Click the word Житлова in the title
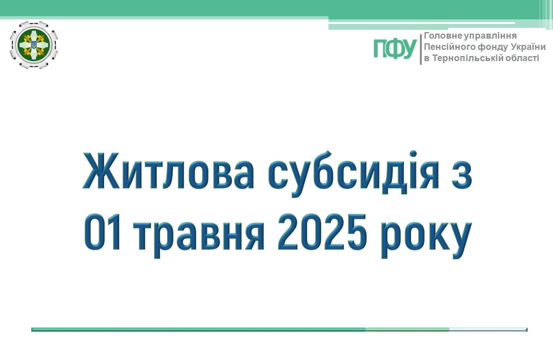click(168, 171)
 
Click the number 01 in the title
click(102, 232)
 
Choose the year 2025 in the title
click(322, 232)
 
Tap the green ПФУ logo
click(395, 49)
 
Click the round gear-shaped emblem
click(34, 45)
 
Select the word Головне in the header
click(443, 36)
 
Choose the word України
click(529, 47)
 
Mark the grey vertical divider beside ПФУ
click(421, 49)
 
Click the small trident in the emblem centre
click(34, 45)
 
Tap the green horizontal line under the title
click(279, 330)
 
